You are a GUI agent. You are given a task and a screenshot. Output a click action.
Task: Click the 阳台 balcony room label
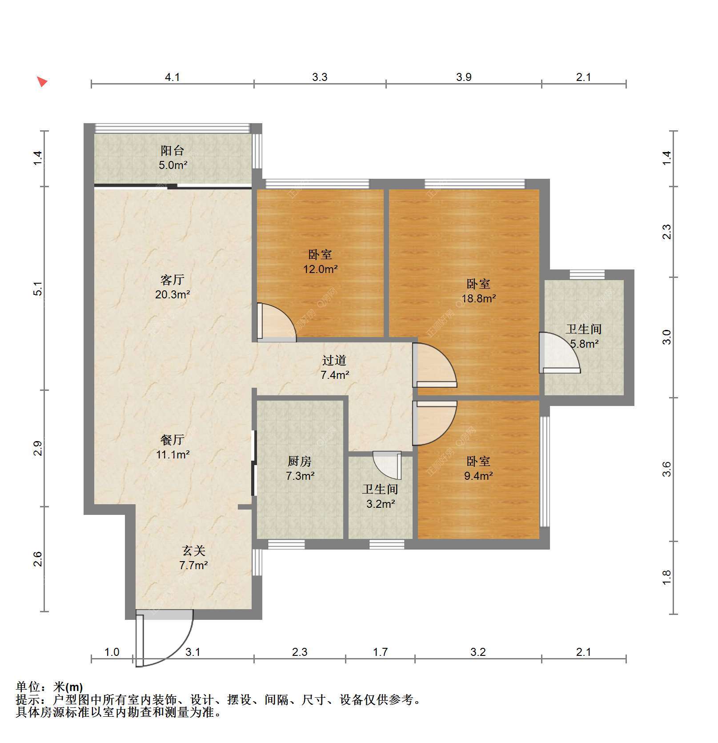[172, 151]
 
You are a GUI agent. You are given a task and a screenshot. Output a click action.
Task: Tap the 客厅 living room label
[172, 280]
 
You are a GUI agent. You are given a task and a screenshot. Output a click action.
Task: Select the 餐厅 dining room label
[172, 440]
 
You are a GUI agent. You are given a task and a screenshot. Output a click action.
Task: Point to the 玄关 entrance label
[194, 551]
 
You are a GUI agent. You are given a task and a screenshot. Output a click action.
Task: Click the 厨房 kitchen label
[300, 462]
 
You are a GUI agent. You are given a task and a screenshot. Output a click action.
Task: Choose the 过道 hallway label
[334, 360]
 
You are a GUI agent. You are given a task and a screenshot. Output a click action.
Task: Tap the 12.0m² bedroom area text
[320, 269]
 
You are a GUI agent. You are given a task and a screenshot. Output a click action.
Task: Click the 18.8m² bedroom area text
[478, 298]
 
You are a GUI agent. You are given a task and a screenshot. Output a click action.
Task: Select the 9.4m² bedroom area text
[478, 476]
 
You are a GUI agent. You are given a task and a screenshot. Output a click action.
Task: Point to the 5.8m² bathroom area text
[584, 344]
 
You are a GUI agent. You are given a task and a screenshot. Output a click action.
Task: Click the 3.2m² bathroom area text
[381, 504]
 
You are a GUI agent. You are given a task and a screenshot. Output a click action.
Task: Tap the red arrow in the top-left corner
[42, 82]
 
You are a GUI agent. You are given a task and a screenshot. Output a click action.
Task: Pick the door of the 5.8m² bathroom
[559, 353]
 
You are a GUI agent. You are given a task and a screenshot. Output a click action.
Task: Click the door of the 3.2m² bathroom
[387, 466]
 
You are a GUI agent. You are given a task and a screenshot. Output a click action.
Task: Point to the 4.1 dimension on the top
[172, 77]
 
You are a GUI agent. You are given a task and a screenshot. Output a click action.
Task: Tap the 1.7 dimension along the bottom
[380, 652]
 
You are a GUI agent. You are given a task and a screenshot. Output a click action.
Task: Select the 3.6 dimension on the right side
[666, 469]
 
